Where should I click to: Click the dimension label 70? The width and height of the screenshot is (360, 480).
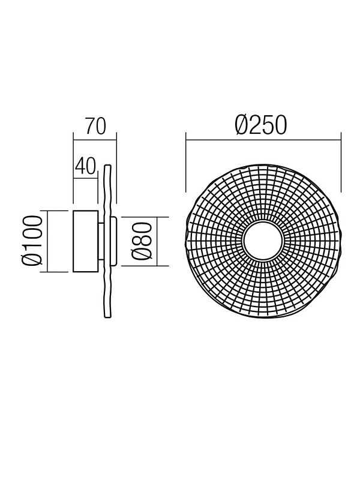(x=95, y=126)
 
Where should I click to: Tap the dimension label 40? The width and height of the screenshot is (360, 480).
(x=85, y=166)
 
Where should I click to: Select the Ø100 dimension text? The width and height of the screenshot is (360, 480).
(x=32, y=241)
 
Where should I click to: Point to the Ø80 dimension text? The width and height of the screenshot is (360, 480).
(x=142, y=242)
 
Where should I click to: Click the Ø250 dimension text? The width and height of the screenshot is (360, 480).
(x=261, y=125)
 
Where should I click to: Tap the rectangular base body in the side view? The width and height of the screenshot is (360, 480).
(x=86, y=241)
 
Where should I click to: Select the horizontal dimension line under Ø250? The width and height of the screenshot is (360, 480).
(x=263, y=140)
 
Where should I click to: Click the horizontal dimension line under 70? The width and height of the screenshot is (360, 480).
(x=95, y=140)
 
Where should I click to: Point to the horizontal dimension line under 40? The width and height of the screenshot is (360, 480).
(x=86, y=177)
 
